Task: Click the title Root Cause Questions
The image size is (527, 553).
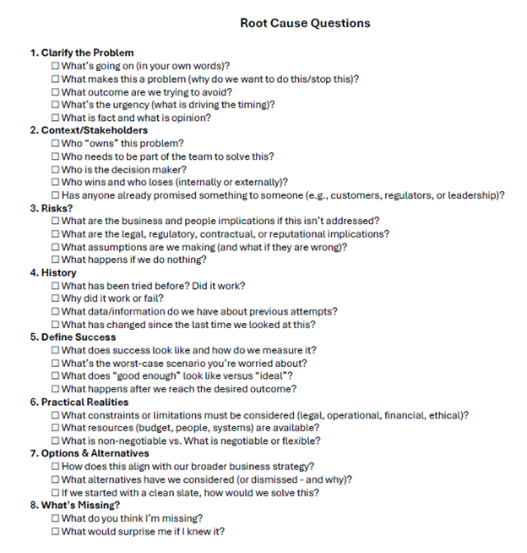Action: click(x=305, y=23)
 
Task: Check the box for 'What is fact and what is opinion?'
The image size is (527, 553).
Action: click(x=56, y=118)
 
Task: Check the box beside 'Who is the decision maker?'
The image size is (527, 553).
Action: click(x=56, y=169)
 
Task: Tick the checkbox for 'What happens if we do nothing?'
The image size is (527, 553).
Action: click(x=56, y=260)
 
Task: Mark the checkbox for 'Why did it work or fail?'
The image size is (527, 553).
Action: click(x=56, y=298)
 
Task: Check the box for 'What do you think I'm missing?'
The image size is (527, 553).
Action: click(x=56, y=518)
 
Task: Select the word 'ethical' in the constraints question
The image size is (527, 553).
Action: click(x=446, y=415)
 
